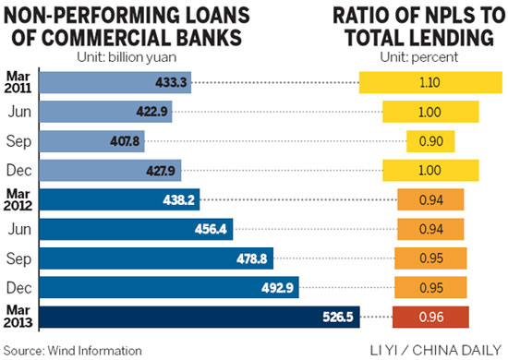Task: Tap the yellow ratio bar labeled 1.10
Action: click(429, 81)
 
